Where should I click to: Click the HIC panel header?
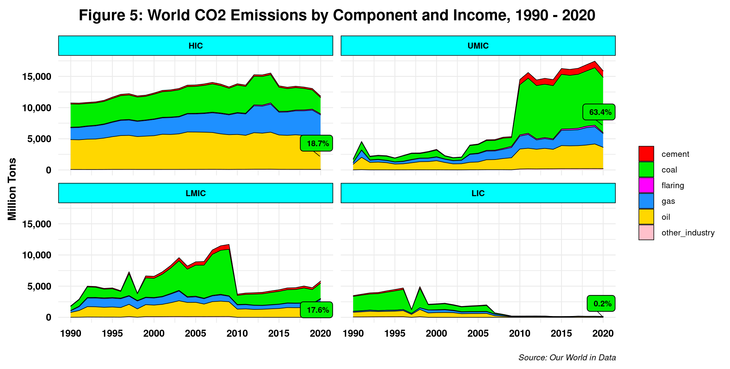tap(196, 46)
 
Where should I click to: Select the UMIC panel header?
tap(478, 46)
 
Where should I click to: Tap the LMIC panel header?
tap(196, 193)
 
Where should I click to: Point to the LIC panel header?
tap(478, 193)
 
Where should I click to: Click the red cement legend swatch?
tap(646, 154)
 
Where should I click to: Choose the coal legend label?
tap(669, 170)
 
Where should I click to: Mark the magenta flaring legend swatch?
tap(646, 185)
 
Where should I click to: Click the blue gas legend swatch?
tap(646, 201)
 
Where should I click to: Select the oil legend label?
tap(666, 217)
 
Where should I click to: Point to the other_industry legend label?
tap(688, 233)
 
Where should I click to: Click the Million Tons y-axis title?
tap(12, 189)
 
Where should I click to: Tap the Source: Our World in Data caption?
tap(567, 358)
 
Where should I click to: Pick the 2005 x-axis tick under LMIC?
tap(196, 333)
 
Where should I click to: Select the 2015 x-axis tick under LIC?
tap(561, 333)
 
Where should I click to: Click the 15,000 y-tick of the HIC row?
tap(37, 77)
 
